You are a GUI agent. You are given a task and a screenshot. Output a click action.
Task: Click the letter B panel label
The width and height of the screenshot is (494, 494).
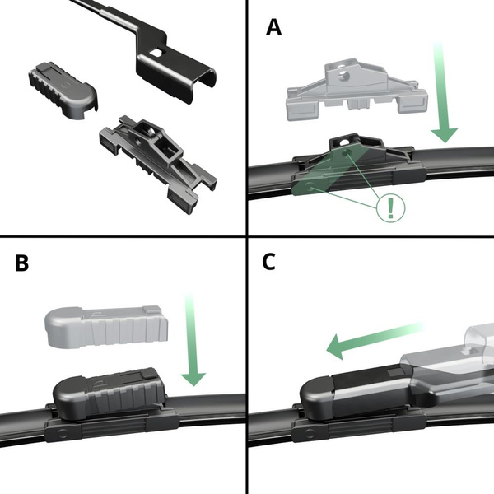click(22, 263)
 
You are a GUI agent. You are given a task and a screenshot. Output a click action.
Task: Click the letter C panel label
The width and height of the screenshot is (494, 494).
click(268, 261)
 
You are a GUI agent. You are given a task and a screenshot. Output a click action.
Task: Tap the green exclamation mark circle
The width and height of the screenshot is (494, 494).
click(390, 206)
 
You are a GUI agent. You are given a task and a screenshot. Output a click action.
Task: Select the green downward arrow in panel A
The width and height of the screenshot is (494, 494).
click(442, 99)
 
